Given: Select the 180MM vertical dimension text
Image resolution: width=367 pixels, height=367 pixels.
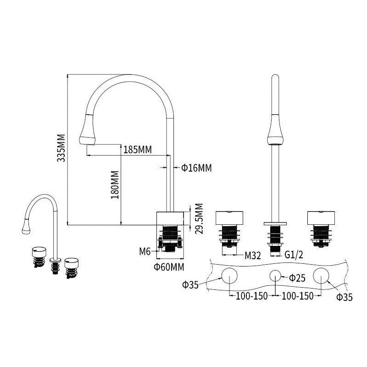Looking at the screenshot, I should (x=115, y=185).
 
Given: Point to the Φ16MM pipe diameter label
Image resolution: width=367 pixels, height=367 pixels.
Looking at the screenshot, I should (x=196, y=168).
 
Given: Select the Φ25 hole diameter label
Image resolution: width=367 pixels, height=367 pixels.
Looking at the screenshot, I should (x=298, y=278).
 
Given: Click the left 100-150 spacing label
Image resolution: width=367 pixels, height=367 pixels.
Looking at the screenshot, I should (x=252, y=296).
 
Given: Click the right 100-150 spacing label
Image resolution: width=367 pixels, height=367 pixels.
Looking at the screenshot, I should (x=298, y=296).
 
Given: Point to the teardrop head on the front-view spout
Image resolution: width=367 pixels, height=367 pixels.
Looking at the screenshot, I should (x=274, y=130).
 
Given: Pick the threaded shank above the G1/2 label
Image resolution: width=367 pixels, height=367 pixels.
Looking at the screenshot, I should (x=275, y=236).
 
